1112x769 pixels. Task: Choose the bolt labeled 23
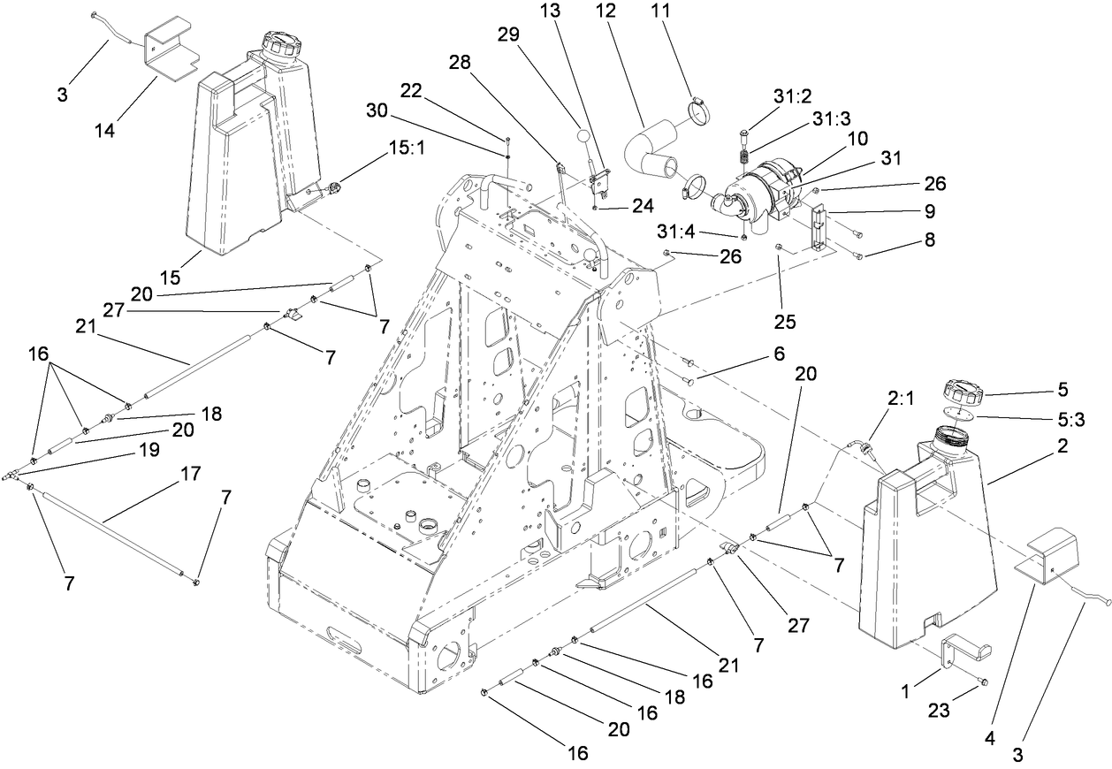tap(984, 681)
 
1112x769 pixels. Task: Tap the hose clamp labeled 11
tap(698, 113)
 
